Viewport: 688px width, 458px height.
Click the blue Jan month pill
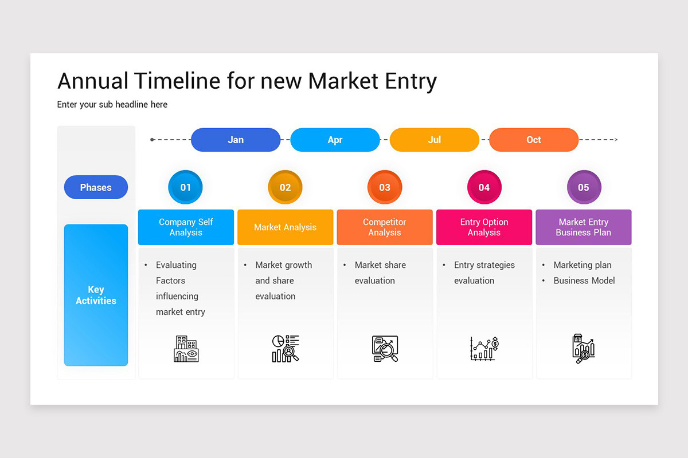[235, 140]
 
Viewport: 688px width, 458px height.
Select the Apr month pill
[335, 140]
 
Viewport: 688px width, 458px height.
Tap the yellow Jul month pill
[434, 140]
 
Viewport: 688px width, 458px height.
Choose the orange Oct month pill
[533, 140]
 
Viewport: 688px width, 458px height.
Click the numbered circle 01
[185, 187]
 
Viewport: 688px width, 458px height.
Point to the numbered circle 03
[385, 187]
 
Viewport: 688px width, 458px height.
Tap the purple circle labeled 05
[583, 187]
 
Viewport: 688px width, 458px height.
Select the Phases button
[96, 187]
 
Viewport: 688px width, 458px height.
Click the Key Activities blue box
[96, 295]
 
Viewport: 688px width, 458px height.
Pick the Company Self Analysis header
[186, 227]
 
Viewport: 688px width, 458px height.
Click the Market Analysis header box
[285, 227]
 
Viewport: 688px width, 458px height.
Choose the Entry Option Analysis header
[484, 227]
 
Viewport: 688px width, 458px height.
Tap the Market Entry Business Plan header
[583, 227]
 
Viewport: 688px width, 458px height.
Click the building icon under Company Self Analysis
[186, 349]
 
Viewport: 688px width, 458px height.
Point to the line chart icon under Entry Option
[484, 349]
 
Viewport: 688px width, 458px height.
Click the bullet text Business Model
[584, 281]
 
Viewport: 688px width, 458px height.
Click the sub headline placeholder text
[112, 105]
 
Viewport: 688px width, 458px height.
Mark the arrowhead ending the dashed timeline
[615, 140]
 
